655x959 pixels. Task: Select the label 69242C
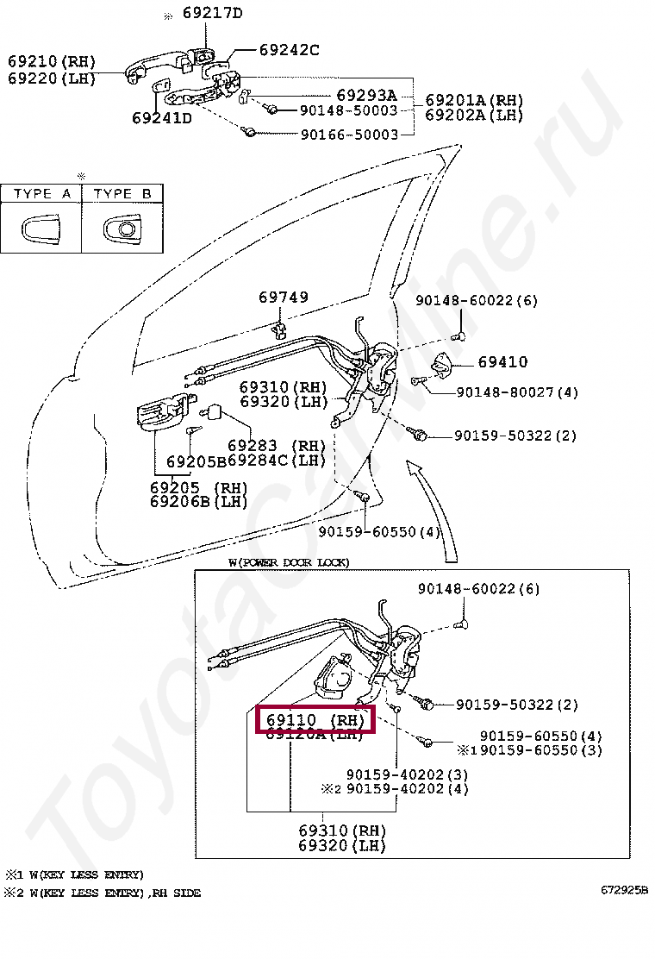click(277, 50)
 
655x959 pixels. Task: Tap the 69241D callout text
click(162, 117)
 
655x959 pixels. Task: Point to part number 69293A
click(366, 95)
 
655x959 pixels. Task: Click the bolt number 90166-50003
click(349, 135)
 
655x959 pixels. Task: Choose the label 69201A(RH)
click(474, 100)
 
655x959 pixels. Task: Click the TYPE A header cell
click(41, 194)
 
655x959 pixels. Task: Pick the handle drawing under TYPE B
click(122, 229)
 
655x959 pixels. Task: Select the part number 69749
click(284, 298)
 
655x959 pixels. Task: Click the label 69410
click(503, 362)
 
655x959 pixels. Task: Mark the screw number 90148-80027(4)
click(505, 392)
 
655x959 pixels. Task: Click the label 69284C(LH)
click(278, 461)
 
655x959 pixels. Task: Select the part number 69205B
click(196, 461)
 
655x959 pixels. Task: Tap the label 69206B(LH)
click(198, 502)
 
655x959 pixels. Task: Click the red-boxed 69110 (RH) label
click(315, 718)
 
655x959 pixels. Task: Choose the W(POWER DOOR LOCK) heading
click(289, 562)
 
